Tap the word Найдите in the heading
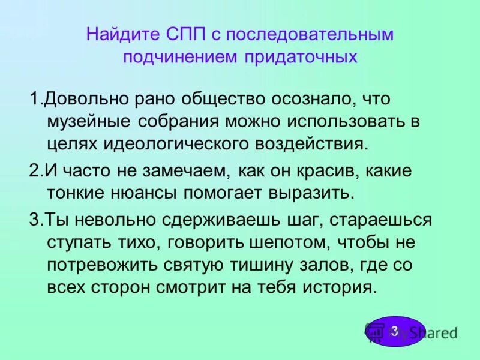(x=122, y=34)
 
